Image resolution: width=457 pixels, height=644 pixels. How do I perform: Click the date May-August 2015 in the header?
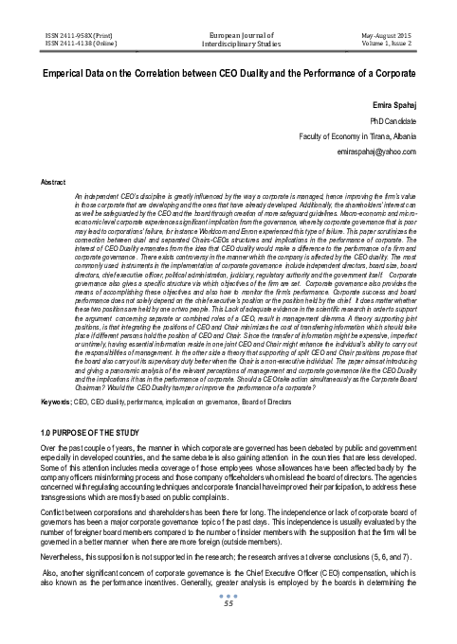click(x=390, y=32)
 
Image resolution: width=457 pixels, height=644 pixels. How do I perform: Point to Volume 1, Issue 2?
click(x=392, y=41)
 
